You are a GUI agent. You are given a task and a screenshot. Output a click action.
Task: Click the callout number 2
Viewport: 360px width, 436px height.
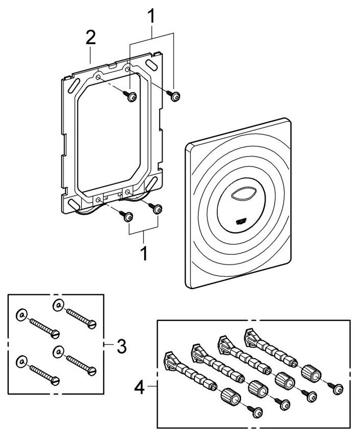90,37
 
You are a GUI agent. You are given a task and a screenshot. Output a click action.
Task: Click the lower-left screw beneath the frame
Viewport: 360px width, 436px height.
128,216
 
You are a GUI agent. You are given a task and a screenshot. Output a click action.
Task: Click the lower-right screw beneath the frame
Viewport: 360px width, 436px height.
159,209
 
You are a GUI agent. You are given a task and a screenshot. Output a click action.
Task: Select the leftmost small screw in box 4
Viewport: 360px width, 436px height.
256,410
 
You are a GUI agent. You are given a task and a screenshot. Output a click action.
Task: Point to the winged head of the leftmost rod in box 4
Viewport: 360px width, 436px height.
169,359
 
